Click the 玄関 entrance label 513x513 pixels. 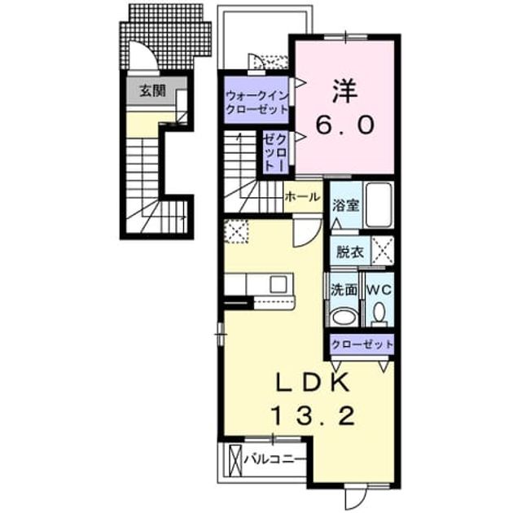pyautogui.click(x=152, y=90)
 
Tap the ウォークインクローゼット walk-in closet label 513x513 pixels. pyautogui.click(x=256, y=103)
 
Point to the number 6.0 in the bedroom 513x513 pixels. pyautogui.click(x=344, y=125)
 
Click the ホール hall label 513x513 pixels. pyautogui.click(x=302, y=197)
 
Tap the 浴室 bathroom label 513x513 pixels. pyautogui.click(x=346, y=205)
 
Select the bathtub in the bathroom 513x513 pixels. pyautogui.click(x=379, y=205)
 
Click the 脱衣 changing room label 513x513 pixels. pyautogui.click(x=350, y=252)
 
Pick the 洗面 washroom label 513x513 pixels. pyautogui.click(x=343, y=290)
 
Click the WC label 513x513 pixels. pyautogui.click(x=379, y=290)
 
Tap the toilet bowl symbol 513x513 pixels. pyautogui.click(x=379, y=313)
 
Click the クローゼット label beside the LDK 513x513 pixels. pyautogui.click(x=362, y=344)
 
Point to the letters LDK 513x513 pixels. pyautogui.click(x=313, y=383)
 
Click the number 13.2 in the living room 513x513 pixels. pyautogui.click(x=313, y=415)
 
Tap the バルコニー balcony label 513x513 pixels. pyautogui.click(x=274, y=459)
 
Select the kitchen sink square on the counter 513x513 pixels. pyautogui.click(x=278, y=284)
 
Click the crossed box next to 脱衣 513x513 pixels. pyautogui.click(x=383, y=251)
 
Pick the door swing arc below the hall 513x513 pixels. pyautogui.click(x=308, y=235)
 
